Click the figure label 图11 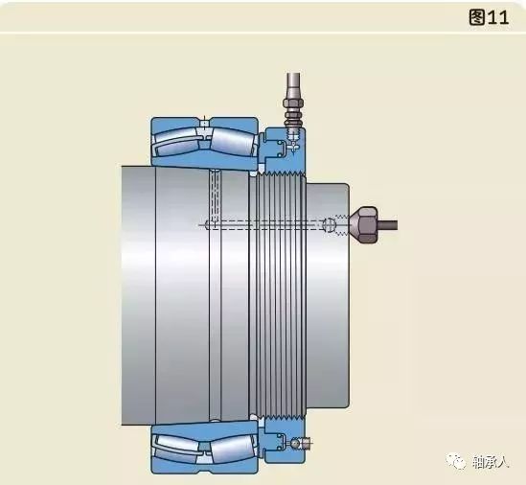tap(489, 17)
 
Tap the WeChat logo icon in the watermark tap(456, 461)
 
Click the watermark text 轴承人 tap(491, 462)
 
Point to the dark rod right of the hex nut tap(388, 225)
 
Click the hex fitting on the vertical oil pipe tap(294, 102)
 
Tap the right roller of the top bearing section tap(232, 142)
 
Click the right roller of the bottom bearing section tap(232, 447)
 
